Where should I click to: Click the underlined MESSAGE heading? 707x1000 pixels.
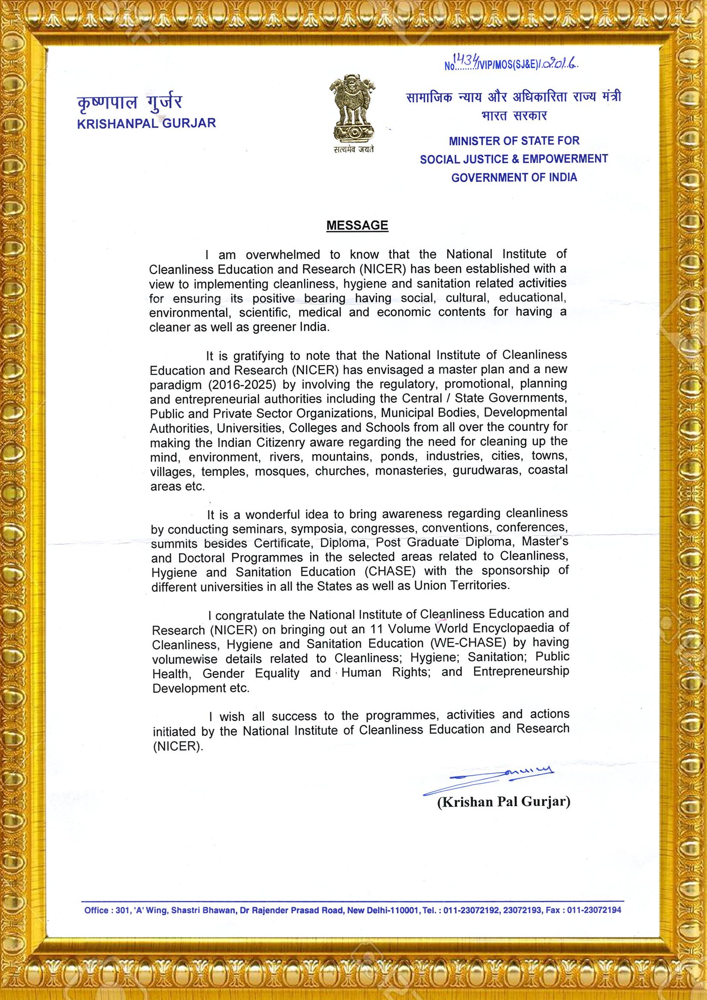[357, 226]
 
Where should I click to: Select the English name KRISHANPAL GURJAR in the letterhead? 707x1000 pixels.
[146, 123]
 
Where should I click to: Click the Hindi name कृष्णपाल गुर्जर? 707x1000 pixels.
[129, 103]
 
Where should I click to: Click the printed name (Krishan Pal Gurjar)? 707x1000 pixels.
[503, 802]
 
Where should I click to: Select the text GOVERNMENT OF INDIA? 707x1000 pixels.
[514, 178]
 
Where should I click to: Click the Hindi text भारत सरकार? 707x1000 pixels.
[514, 116]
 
